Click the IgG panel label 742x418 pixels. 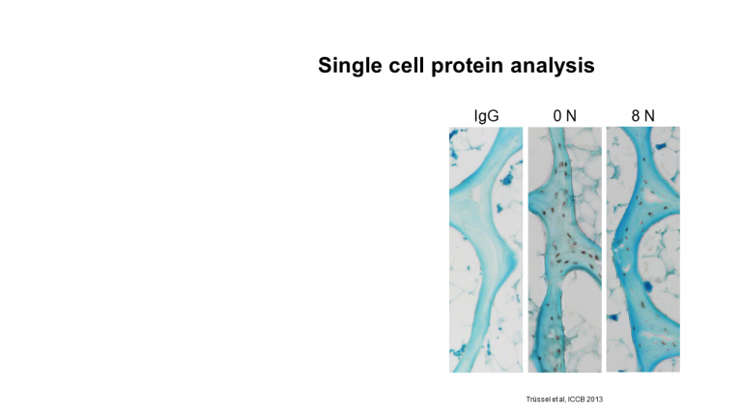click(487, 116)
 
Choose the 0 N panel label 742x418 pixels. click(565, 116)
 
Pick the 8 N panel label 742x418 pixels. click(643, 116)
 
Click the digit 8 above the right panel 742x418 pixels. click(636, 116)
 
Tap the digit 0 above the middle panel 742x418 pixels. click(557, 116)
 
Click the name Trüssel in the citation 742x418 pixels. click(536, 399)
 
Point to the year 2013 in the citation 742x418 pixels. click(595, 399)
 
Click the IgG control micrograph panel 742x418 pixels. click(486, 250)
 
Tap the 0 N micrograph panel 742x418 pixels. click(565, 250)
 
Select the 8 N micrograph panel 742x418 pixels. click(643, 250)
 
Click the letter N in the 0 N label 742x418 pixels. click(572, 116)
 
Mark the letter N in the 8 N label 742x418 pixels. click(649, 116)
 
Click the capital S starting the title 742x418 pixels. click(325, 66)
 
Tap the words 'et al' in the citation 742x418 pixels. click(556, 399)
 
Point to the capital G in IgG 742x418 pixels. click(494, 116)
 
